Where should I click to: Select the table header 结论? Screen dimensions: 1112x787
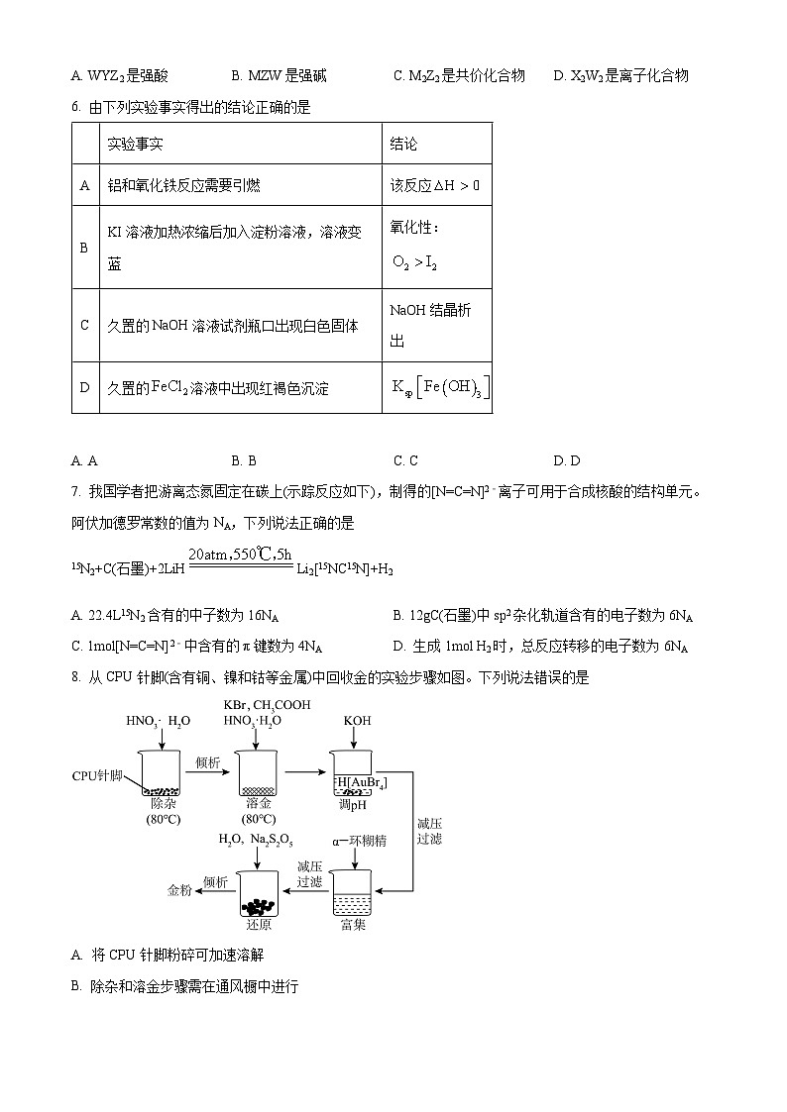coord(403,144)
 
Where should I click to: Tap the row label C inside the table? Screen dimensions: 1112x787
coord(84,325)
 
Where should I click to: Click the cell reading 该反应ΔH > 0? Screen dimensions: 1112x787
coord(435,185)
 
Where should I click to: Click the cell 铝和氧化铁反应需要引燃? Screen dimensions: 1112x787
coord(183,185)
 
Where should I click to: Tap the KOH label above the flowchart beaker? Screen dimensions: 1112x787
coord(357,721)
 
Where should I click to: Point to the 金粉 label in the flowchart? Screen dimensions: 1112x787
coord(179,890)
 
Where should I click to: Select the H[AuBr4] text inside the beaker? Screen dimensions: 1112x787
coord(361,783)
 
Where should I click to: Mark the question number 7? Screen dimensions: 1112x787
coord(75,491)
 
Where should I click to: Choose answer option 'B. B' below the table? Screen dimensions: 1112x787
coord(244,460)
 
